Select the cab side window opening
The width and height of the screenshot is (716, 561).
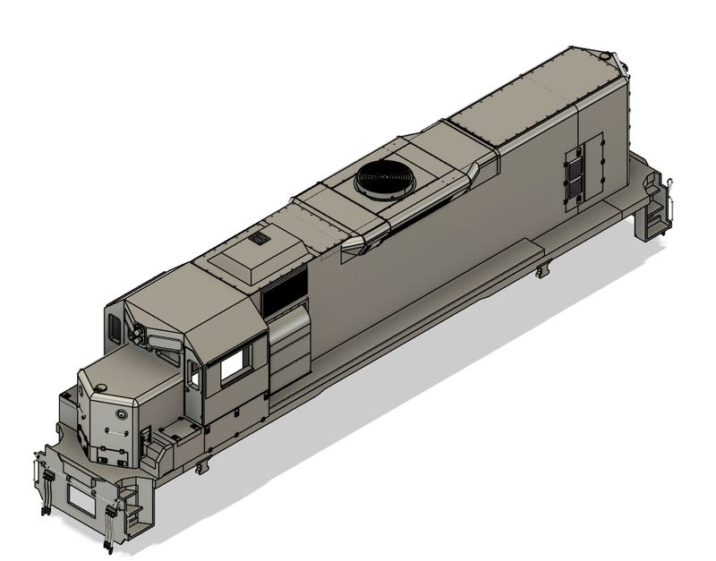click(234, 365)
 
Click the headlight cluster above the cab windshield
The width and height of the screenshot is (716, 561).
click(140, 333)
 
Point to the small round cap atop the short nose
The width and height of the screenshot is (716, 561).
click(101, 387)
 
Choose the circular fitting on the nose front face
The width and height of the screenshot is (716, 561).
click(120, 414)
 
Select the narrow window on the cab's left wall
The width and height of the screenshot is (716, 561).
click(114, 326)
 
